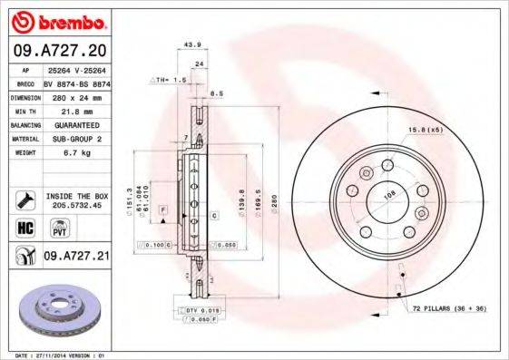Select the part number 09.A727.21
pos(77,257)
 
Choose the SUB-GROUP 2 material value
pos(76,139)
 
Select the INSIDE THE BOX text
pos(76,196)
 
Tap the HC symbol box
pos(24,226)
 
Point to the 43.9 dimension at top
pos(191,44)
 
